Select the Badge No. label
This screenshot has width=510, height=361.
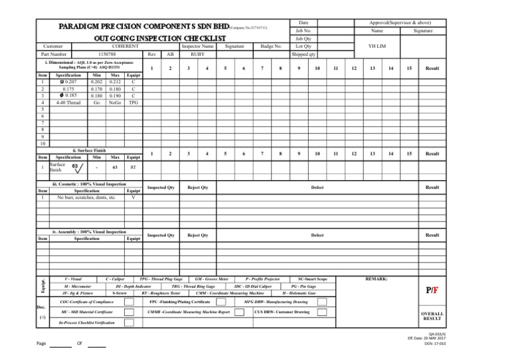[x=270, y=46]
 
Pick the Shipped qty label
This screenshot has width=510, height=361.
[x=304, y=55]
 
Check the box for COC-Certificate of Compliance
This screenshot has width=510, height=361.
[x=129, y=302]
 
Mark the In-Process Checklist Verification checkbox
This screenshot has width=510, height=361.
[x=129, y=322]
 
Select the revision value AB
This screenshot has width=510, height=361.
[x=170, y=55]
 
